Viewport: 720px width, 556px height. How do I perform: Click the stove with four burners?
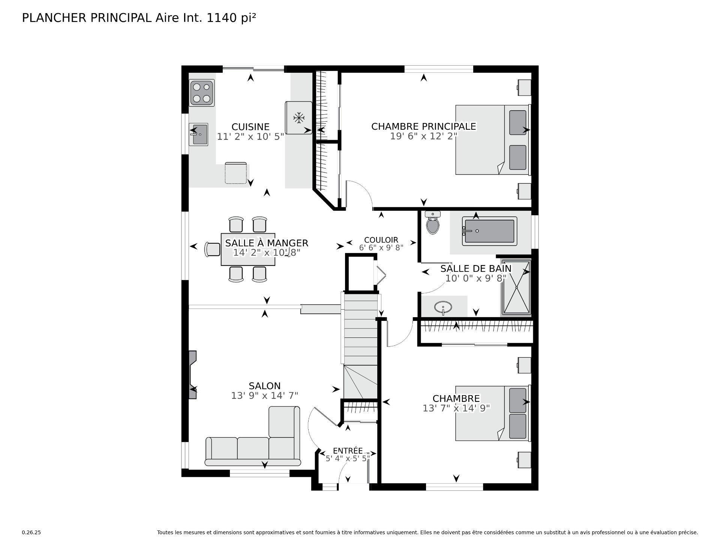[202, 93]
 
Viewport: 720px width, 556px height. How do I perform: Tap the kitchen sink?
[199, 134]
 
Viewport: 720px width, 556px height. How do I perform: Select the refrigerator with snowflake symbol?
[298, 118]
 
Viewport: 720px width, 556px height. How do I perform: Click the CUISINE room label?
[250, 127]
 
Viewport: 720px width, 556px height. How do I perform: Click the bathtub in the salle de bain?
[489, 232]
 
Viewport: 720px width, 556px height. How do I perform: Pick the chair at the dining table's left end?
[213, 249]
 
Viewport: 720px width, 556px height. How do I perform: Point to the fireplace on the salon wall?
[192, 375]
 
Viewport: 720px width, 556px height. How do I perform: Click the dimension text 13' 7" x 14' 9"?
[456, 408]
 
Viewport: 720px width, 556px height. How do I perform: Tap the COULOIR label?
[381, 240]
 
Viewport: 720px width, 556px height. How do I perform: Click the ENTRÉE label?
[348, 451]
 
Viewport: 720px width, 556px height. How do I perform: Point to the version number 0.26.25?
[31, 532]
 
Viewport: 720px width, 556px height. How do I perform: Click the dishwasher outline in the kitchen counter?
[235, 173]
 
